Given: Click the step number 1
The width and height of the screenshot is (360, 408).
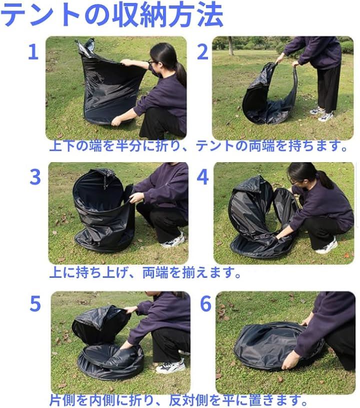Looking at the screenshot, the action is (33, 52).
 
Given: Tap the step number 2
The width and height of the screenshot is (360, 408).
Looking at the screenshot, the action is (202, 52).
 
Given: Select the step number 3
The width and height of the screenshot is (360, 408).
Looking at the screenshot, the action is (35, 177).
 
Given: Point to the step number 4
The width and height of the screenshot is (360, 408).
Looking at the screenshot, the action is (202, 177).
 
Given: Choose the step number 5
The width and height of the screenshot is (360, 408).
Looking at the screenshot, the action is (35, 303).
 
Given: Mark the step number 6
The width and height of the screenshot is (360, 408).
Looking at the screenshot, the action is (206, 303).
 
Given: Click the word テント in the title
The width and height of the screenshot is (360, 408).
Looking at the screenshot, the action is (40, 15).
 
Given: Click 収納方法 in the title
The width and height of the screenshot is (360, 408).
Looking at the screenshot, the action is (167, 15).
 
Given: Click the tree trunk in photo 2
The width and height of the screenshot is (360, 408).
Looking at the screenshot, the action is (230, 45).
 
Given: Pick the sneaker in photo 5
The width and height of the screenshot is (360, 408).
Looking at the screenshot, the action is (170, 366).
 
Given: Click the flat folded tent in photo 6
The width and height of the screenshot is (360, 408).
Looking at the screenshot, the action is (270, 345).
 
